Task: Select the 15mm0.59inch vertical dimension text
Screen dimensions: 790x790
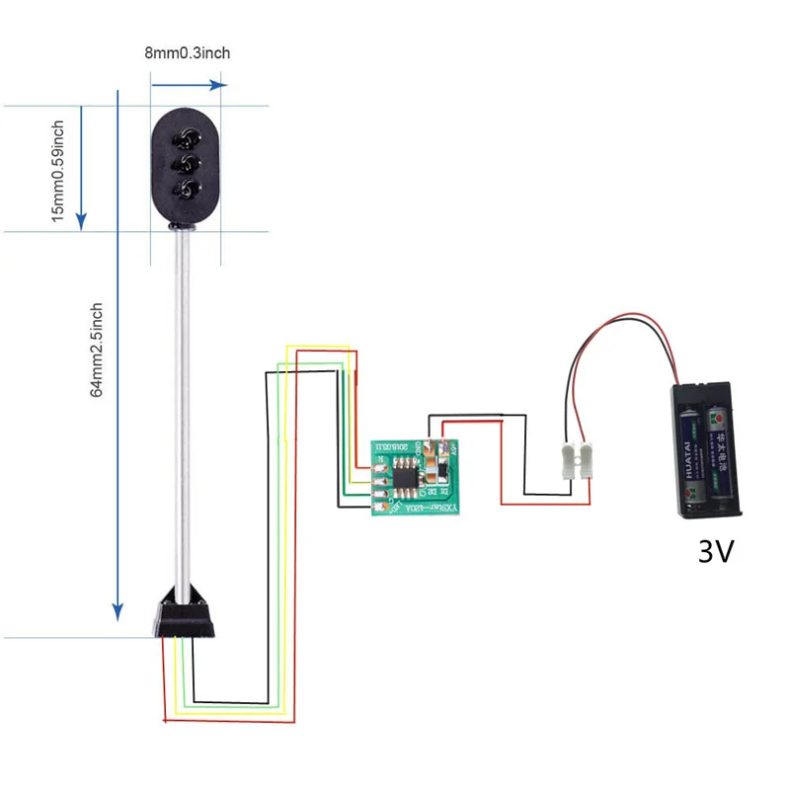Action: click(58, 170)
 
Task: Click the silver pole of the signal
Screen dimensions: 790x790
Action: click(185, 415)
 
